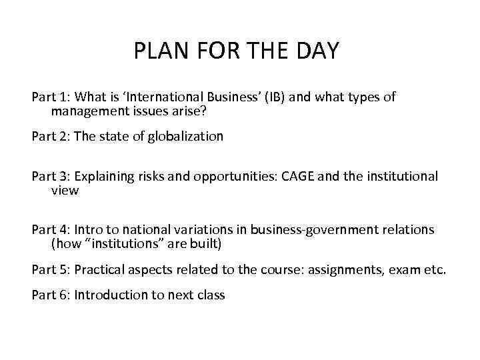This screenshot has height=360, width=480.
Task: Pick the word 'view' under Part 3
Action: point(65,190)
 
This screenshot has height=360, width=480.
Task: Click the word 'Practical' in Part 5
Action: point(99,270)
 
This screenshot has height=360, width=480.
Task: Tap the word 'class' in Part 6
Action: point(209,294)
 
